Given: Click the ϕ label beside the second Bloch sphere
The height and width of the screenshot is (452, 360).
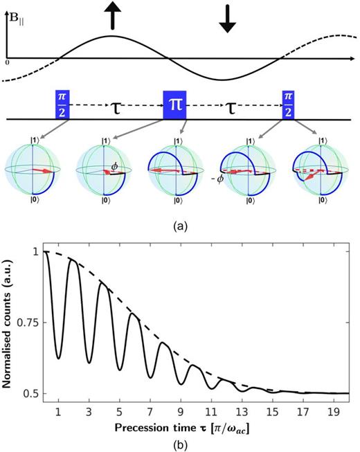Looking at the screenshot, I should [116, 166].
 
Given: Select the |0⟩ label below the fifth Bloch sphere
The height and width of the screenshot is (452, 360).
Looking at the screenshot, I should [320, 201].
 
